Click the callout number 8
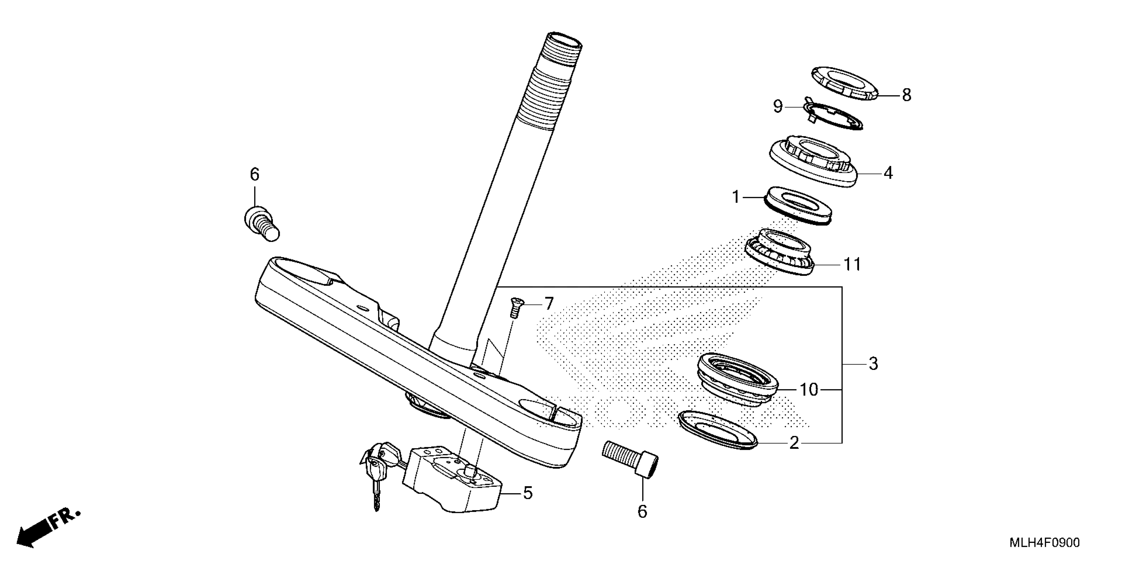(907, 95)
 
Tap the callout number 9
(778, 106)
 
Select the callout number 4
(888, 173)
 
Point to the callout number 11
(852, 264)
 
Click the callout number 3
(873, 364)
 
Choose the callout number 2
(794, 443)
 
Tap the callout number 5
(527, 493)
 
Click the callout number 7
(548, 304)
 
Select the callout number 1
(736, 198)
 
